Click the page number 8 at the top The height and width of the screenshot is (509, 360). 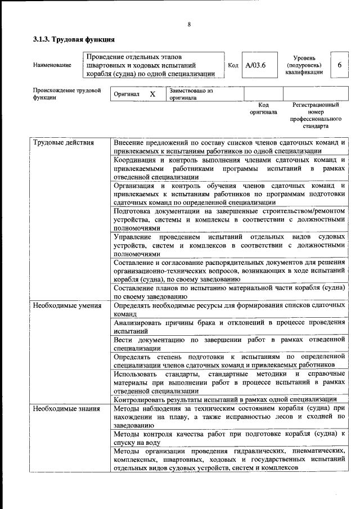[190, 24]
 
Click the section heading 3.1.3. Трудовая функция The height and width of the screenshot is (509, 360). [74, 40]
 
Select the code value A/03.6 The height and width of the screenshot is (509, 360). [255, 65]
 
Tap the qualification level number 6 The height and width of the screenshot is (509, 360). [339, 65]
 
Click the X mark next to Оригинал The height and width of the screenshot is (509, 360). [152, 94]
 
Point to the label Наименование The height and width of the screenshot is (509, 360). [52, 65]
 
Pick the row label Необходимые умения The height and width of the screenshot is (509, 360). [67, 305]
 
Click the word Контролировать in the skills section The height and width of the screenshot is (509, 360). [141, 399]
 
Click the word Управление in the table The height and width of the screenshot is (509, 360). [134, 237]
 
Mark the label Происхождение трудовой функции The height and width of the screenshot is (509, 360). [67, 93]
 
